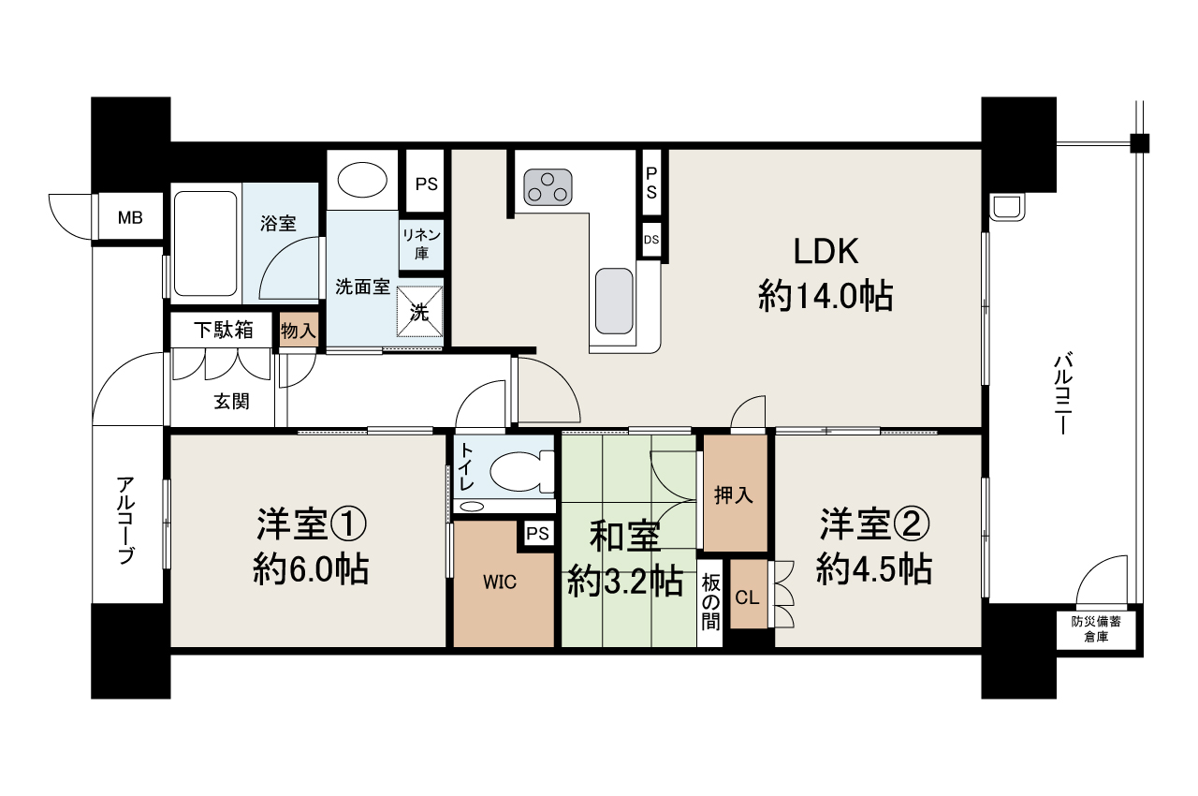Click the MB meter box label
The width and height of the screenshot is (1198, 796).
coord(130,217)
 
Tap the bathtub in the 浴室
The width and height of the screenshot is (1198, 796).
coord(205,243)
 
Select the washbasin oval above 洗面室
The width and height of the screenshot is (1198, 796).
coord(362,180)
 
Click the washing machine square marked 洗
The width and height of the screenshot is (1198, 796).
coord(420,312)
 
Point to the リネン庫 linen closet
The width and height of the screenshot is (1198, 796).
coord(421,243)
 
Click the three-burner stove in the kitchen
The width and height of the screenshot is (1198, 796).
coord(548,187)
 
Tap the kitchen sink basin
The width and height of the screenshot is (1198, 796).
coord(615,302)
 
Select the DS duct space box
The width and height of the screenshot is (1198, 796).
coord(651,240)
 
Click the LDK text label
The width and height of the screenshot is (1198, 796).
coord(825,251)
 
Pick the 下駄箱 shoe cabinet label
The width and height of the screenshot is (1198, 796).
coord(224,330)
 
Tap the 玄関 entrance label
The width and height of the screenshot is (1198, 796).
coord(231,401)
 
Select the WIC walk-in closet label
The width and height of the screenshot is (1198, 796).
coord(500,582)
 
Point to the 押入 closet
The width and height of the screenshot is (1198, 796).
coord(735,493)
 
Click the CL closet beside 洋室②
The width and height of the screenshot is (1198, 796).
coord(749,594)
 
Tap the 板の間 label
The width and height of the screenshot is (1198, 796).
coord(710,603)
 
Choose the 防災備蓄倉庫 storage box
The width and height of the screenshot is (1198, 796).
coord(1096,629)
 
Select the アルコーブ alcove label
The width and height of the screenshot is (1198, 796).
coord(125,520)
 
